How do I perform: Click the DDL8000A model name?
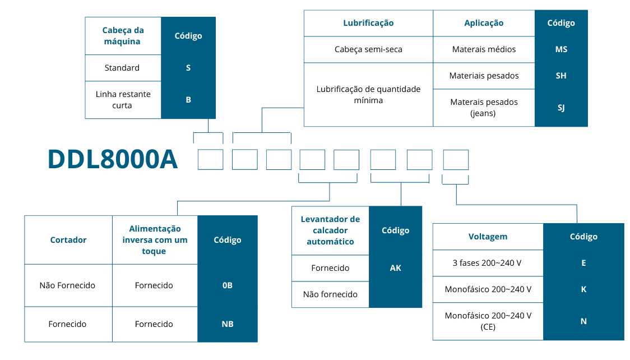coord(113,159)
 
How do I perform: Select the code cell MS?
coord(561,49)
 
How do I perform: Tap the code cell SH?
coord(561,76)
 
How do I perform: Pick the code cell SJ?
coord(561,107)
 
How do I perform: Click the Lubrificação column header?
coord(368,23)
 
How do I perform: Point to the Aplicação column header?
coord(484,23)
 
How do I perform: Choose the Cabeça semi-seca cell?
coord(368,49)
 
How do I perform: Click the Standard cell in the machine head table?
coord(122,68)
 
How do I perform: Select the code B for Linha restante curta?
coord(188,100)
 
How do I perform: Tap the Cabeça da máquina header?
coord(123,36)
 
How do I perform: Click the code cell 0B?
coord(228,285)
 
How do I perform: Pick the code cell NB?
coord(228,324)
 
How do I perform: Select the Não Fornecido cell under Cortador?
coord(67,285)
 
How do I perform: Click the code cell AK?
coord(396,268)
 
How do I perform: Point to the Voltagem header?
coord(488,237)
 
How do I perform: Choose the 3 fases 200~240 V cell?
coord(488,263)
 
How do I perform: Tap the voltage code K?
coord(583,289)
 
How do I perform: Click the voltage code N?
coord(583,321)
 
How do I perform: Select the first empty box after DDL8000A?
coord(211,159)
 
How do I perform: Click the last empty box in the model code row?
coord(456,159)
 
